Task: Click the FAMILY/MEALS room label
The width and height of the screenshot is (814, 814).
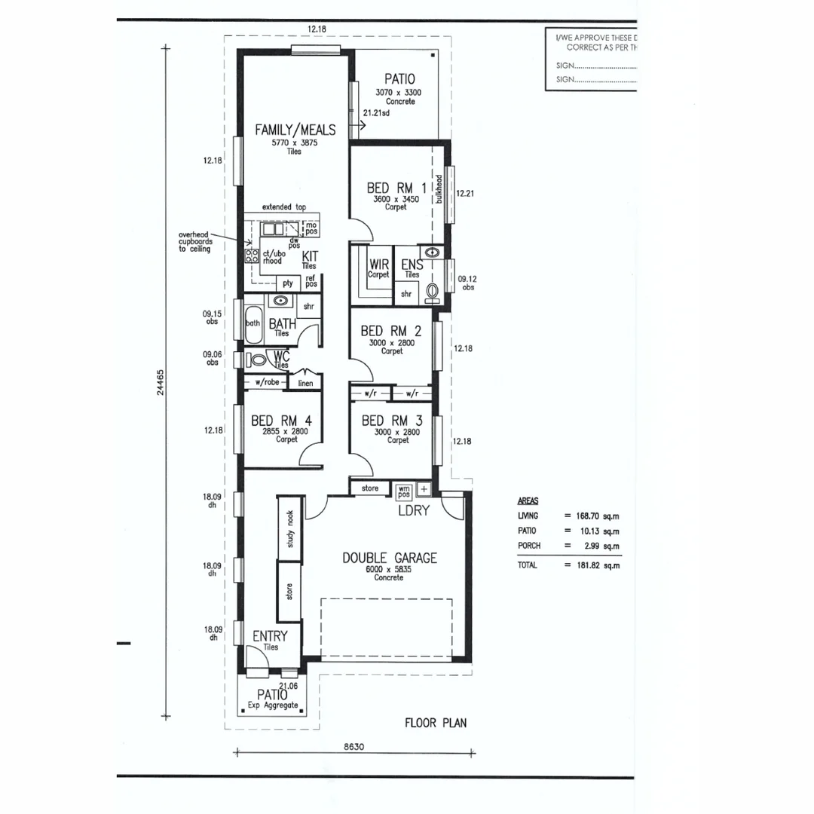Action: (x=295, y=130)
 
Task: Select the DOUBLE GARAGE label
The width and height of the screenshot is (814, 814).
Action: (x=389, y=558)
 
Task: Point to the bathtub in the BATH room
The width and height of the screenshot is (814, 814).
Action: (x=252, y=323)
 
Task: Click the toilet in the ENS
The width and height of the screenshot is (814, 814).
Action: (x=433, y=291)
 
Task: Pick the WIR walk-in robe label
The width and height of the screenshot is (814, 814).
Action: (x=378, y=265)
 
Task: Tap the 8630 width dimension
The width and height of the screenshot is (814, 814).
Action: (x=354, y=747)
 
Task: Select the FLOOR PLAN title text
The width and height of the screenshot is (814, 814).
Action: (x=436, y=723)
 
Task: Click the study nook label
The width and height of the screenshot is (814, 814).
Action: (x=290, y=528)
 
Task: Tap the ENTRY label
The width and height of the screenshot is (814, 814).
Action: (x=270, y=636)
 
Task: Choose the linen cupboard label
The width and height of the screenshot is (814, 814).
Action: (x=305, y=383)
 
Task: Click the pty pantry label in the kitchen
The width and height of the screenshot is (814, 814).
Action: (x=287, y=283)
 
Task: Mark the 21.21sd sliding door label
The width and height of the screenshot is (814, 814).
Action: (x=376, y=113)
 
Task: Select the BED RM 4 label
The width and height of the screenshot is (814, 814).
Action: (x=281, y=420)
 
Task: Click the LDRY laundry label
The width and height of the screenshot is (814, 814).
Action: (x=414, y=510)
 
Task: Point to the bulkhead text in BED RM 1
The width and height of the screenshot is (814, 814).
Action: (x=439, y=189)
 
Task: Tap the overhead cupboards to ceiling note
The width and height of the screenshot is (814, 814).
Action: (x=194, y=242)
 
